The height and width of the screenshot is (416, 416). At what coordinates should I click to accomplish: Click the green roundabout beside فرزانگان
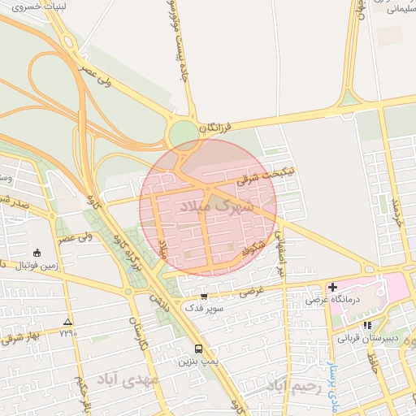(x=184, y=134)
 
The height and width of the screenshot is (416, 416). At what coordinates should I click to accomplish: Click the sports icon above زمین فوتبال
(x=37, y=253)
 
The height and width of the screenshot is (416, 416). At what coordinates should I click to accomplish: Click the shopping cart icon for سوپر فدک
(x=203, y=297)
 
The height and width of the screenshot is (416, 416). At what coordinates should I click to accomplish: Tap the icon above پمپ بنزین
(x=199, y=349)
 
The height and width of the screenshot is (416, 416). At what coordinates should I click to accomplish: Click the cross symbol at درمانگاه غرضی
(x=333, y=287)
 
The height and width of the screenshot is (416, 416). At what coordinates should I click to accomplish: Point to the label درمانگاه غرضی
(x=327, y=300)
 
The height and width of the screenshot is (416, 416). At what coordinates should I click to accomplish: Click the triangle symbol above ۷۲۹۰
(x=67, y=322)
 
